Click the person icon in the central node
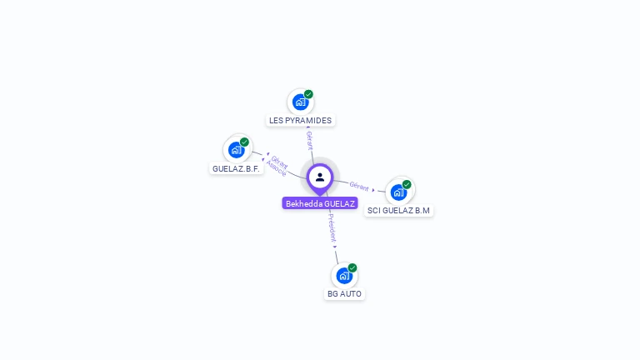point(320,177)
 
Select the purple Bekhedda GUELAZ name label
point(320,203)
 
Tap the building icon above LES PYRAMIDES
point(300,102)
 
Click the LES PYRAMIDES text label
point(300,120)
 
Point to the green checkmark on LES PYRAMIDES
point(308,94)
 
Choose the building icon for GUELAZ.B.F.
point(237,150)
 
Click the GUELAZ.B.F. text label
point(237,168)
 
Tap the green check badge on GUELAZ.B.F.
point(244,142)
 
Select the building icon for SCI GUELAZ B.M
point(399,192)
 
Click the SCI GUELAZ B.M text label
point(398,210)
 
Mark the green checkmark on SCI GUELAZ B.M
point(407,184)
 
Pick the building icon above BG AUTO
point(344,276)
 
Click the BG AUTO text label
point(344,293)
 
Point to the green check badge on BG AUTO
point(352,267)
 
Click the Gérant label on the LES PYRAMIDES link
point(309,139)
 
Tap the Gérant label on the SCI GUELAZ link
point(359,186)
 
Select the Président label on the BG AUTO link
point(332,227)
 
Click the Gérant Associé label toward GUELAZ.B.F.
point(277,166)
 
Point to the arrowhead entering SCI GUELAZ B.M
point(373,190)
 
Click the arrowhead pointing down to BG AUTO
point(335,247)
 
